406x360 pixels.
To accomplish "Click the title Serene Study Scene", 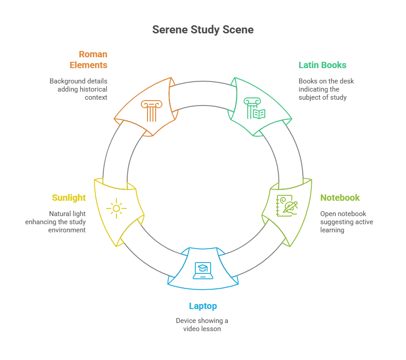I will [x=203, y=30].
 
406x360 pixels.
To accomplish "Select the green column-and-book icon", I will [x=254, y=108].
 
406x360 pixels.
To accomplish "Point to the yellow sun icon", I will [x=116, y=208].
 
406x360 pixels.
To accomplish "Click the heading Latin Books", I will [x=323, y=65].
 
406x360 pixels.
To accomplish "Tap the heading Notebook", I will [x=340, y=198].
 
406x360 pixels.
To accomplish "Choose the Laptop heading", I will [x=203, y=306].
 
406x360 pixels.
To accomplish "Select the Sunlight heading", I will [x=69, y=198].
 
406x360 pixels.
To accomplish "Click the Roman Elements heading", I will [x=88, y=60].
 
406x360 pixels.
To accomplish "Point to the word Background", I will [x=65, y=81].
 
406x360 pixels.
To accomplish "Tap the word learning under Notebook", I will [x=332, y=230].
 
